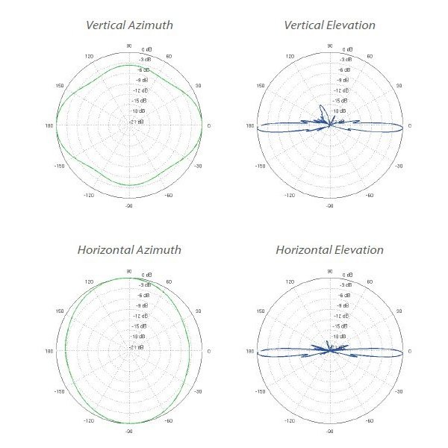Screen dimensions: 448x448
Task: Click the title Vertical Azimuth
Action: (129, 25)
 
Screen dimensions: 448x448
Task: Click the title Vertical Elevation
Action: (329, 25)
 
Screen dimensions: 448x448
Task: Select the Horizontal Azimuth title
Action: (129, 249)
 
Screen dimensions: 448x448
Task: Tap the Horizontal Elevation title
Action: (329, 249)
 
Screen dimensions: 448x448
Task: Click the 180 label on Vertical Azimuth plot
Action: (49, 125)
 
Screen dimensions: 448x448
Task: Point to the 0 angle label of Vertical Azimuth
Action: (209, 125)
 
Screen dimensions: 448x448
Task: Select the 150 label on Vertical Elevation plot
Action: (260, 85)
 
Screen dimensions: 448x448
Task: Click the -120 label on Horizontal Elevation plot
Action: (289, 420)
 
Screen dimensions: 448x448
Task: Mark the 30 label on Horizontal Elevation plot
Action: (397, 310)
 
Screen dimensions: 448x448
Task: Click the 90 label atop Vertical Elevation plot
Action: (329, 46)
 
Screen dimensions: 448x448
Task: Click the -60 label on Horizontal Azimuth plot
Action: (169, 420)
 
